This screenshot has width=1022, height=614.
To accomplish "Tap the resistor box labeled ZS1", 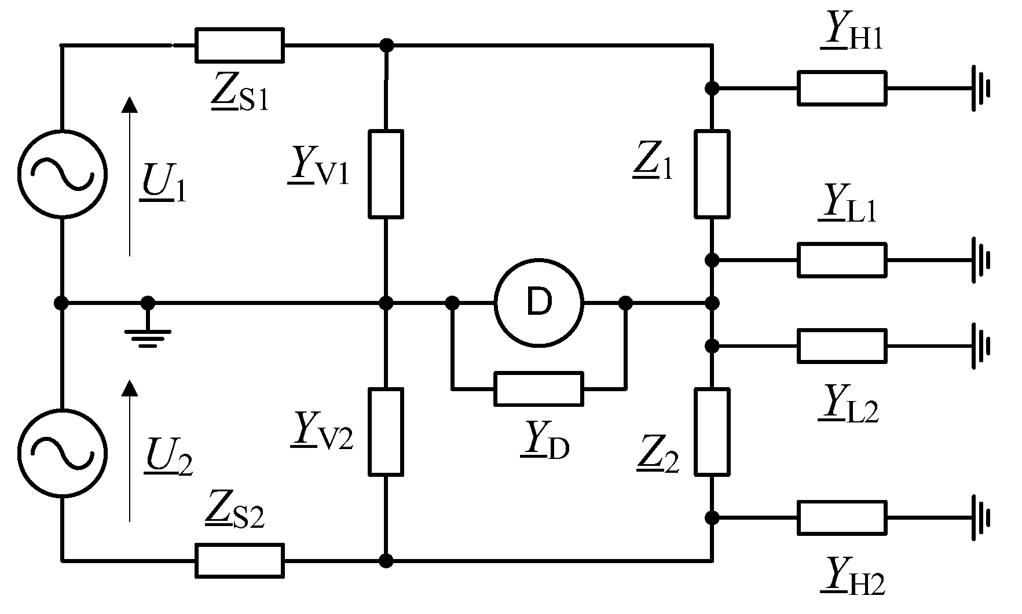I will click(240, 45).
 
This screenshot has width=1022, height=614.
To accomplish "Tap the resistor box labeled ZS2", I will click(240, 560).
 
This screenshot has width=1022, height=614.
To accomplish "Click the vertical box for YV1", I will click(386, 174).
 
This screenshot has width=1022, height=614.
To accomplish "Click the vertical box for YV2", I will click(386, 432).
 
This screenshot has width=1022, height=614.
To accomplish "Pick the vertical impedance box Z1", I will click(712, 174).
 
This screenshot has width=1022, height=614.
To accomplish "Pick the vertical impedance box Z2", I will click(712, 432).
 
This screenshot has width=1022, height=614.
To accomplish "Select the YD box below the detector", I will click(539, 389).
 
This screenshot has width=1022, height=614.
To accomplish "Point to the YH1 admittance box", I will click(841, 88).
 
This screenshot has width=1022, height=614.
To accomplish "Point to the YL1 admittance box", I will click(841, 260).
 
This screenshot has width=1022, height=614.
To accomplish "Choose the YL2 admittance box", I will click(841, 346).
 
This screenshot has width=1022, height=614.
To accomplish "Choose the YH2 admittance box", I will click(841, 517).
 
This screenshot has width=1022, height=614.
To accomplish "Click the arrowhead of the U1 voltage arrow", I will click(130, 104).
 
